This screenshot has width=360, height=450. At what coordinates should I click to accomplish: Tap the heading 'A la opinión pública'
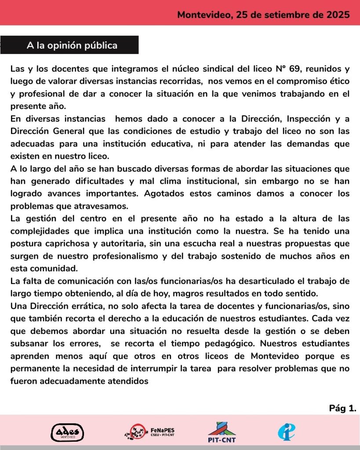72,45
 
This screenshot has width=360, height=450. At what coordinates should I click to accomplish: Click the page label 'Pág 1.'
342,408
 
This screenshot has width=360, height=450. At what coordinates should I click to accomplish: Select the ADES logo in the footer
67,432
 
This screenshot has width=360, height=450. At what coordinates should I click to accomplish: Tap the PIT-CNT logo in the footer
222,432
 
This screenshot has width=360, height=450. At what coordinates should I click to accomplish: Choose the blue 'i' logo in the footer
286,432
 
